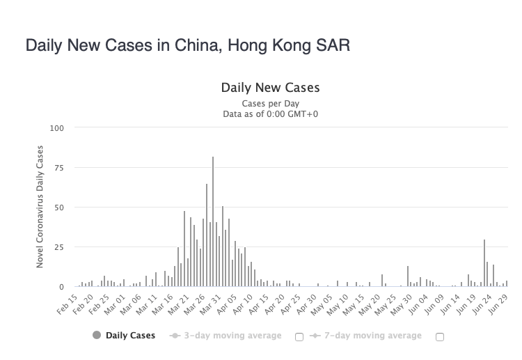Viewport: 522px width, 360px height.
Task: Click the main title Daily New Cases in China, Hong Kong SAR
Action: point(187,45)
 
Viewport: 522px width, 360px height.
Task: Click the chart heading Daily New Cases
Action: point(270,88)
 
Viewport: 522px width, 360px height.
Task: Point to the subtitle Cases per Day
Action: point(270,103)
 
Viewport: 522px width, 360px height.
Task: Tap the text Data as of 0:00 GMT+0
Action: point(270,114)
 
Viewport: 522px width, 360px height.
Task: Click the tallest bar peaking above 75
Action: point(213,223)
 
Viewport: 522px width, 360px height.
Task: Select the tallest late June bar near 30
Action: point(484,263)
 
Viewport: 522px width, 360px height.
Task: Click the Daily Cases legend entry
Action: point(130,336)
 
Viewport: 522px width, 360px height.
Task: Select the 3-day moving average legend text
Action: point(232,336)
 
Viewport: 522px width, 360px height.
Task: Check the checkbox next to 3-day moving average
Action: point(299,336)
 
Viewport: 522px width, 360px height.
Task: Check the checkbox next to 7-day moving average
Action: point(439,336)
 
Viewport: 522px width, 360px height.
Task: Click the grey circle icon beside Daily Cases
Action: point(97,336)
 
